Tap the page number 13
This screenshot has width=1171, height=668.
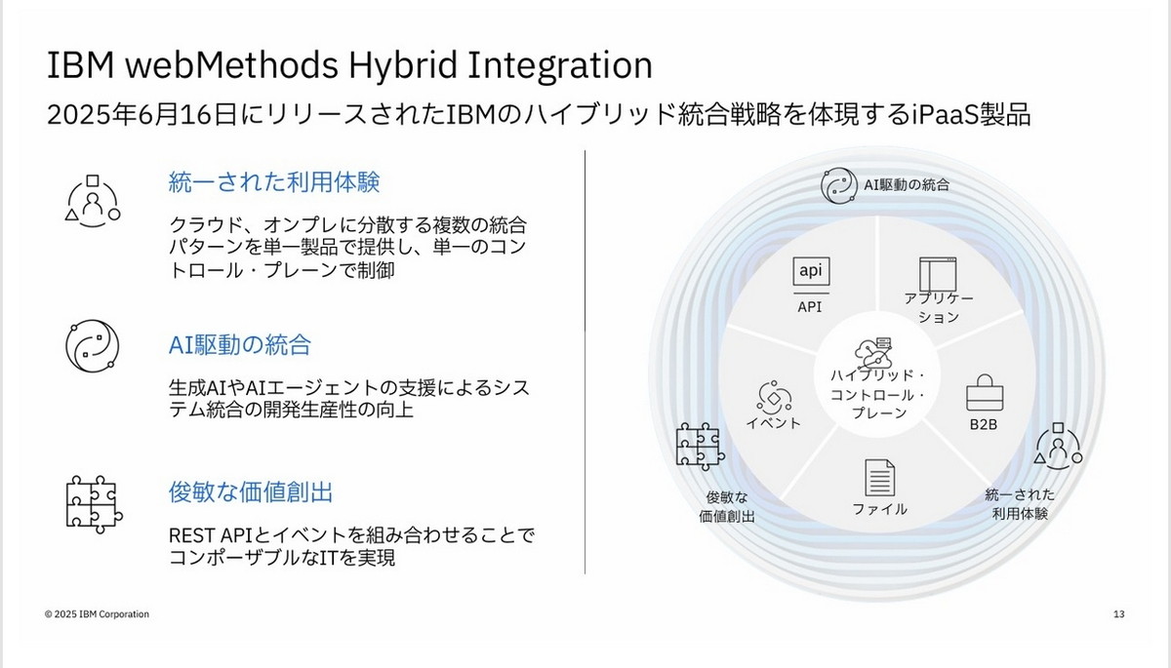click(1118, 614)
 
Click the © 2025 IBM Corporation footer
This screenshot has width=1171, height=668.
click(97, 614)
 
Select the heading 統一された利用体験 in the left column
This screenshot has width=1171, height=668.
click(274, 181)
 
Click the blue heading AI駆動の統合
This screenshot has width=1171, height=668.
click(240, 344)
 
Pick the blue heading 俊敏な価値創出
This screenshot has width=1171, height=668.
click(251, 491)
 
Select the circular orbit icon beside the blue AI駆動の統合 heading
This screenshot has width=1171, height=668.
click(92, 345)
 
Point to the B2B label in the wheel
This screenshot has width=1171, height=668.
click(982, 425)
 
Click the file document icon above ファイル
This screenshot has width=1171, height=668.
click(879, 478)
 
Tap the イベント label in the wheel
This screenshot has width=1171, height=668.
click(773, 422)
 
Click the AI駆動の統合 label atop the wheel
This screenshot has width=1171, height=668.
click(907, 183)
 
